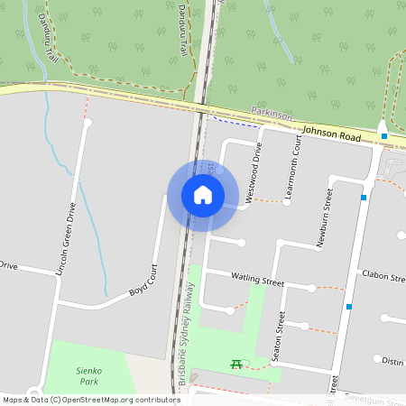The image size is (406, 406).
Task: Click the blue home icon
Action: (203, 195)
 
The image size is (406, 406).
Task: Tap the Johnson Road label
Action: (331, 134)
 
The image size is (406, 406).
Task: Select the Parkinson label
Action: (272, 115)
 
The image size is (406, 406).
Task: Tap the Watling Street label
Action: (257, 280)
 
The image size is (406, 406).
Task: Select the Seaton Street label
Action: (281, 336)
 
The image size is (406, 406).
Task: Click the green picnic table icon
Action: (236, 364)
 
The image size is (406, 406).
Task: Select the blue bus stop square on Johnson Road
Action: (384, 136)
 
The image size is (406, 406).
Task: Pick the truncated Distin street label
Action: (392, 360)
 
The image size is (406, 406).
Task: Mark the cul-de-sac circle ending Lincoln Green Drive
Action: (88, 123)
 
